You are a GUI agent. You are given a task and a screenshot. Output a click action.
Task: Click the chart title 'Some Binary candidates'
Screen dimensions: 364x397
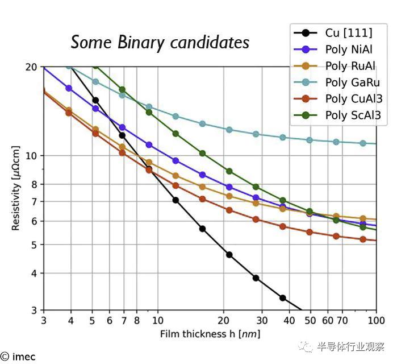coord(160,42)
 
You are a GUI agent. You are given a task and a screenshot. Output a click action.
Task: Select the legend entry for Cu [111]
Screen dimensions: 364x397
coord(340,32)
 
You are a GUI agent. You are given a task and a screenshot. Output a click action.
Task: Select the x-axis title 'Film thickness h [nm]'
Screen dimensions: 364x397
coord(210,334)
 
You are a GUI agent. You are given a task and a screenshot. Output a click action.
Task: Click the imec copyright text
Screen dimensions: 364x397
coord(18,357)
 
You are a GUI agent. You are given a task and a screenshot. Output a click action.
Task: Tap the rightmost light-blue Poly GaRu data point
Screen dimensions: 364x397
coord(363,143)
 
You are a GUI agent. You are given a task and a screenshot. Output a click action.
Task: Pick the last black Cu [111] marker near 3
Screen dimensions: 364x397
coord(282,298)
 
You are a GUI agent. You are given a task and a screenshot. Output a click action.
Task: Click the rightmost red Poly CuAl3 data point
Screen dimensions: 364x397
coord(363,239)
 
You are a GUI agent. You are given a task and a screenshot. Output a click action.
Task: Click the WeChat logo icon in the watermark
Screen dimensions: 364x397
coord(306,346)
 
